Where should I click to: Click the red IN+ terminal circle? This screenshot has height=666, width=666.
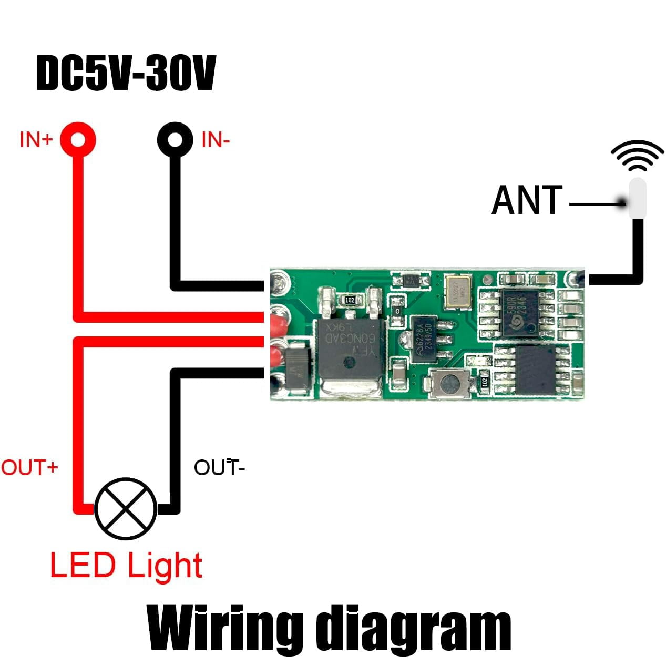pos(78,140)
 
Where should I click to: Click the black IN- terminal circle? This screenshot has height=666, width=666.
pos(176,140)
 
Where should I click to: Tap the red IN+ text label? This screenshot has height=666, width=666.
pos(36,140)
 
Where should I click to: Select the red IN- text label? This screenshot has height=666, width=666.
pos(216,140)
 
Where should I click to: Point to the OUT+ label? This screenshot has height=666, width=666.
pos(29,467)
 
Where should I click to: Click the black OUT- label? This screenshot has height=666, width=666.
pos(219,467)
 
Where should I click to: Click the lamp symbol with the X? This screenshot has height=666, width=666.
pos(126,508)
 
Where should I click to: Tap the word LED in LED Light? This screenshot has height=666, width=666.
pos(83,566)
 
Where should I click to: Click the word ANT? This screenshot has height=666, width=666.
pos(527,200)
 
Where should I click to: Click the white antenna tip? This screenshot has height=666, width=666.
pos(637,197)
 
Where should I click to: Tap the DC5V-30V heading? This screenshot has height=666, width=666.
pos(126,74)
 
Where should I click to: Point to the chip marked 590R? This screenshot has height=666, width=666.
pos(519,313)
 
